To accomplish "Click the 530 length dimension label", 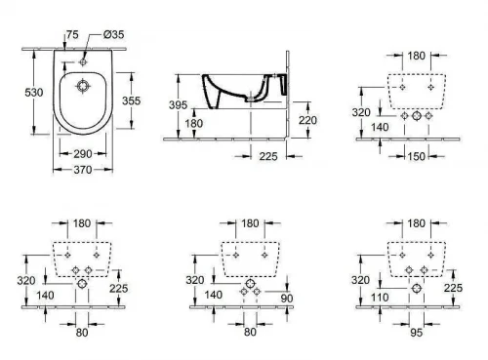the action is pos(34,93).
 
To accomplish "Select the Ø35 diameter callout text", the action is pos(114,34).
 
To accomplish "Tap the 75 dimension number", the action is pos(72,34).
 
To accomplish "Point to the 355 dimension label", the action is pos(131,100).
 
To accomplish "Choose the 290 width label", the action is pos(83,154).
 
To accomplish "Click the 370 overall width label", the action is pos(83,170).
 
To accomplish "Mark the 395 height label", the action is pos(178,105).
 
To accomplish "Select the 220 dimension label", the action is pos(307,120).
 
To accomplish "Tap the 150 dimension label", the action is pos(417,156).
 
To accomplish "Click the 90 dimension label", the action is pos(287,299).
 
